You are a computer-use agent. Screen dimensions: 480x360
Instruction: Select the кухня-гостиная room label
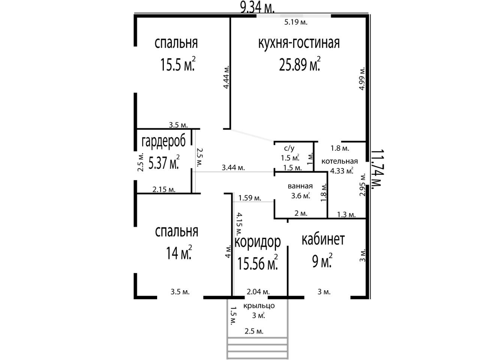point(299,43)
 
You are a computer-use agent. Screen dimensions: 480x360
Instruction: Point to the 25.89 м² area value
point(300,64)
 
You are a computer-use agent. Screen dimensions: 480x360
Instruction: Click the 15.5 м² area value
point(178,64)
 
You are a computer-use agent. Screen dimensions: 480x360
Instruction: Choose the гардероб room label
point(163,142)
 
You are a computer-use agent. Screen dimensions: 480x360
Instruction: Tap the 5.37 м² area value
point(164,162)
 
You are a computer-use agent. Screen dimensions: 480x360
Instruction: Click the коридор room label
point(258,242)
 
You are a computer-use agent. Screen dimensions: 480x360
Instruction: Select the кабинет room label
point(323,239)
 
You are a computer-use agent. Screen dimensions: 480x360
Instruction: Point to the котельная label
point(340,162)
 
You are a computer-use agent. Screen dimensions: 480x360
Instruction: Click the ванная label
point(300,186)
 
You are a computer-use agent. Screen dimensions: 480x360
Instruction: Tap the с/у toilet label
point(289,148)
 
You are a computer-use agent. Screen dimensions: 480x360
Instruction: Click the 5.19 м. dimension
point(296,22)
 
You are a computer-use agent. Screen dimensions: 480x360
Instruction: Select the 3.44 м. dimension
point(233,168)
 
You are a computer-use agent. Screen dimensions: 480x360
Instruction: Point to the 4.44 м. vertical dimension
point(226,77)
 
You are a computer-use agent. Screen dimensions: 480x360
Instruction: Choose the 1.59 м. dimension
point(250,198)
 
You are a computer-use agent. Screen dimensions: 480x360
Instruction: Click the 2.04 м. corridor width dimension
point(258,292)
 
